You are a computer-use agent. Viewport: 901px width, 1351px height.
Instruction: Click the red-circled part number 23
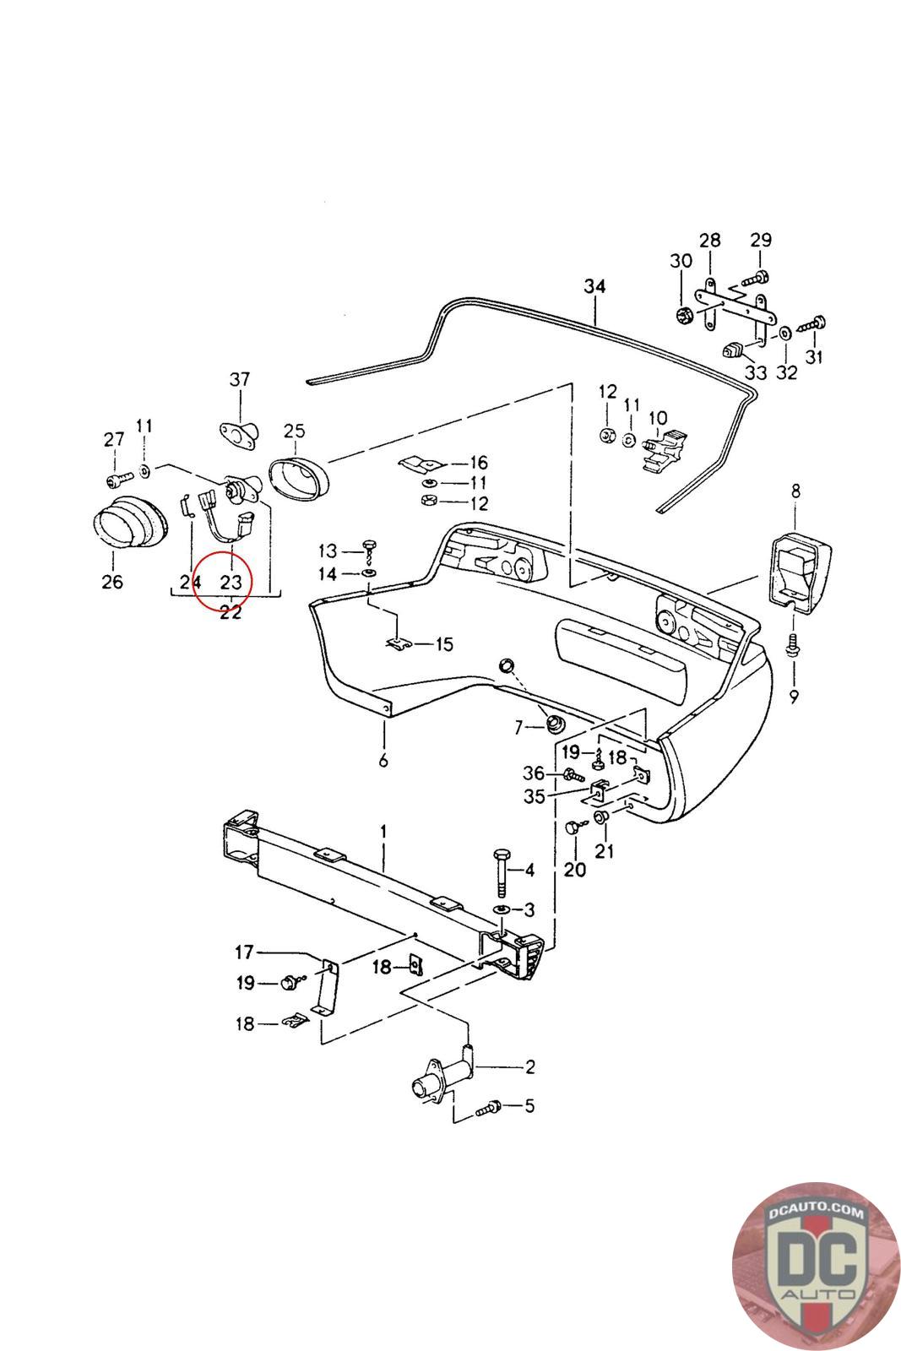click(231, 582)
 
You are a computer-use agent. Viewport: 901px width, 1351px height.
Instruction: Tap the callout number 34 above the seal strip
click(594, 287)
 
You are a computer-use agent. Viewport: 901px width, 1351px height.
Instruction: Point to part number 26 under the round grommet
click(111, 582)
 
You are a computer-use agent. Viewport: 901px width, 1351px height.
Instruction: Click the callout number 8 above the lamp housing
click(795, 491)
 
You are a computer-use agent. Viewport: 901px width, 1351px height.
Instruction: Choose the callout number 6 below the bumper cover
click(383, 761)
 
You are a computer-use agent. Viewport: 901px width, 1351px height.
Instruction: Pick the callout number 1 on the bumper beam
click(383, 833)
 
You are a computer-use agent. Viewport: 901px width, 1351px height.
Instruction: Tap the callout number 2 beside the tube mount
click(529, 1066)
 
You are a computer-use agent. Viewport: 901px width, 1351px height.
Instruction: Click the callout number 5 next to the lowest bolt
click(529, 1105)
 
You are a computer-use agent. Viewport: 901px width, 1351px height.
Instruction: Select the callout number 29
click(761, 240)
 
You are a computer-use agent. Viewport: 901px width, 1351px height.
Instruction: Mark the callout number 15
click(444, 644)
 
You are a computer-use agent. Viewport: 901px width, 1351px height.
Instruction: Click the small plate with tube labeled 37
click(237, 431)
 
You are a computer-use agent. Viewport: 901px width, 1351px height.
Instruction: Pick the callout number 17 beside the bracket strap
click(244, 952)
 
